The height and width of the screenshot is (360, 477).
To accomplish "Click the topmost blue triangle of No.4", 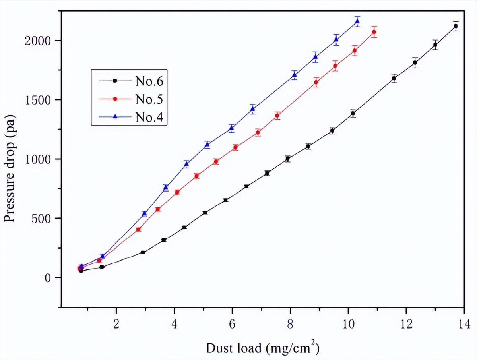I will (x=357, y=21).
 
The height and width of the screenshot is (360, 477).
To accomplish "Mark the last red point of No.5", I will (x=374, y=32).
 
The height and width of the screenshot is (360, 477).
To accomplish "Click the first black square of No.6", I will (x=81, y=271).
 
